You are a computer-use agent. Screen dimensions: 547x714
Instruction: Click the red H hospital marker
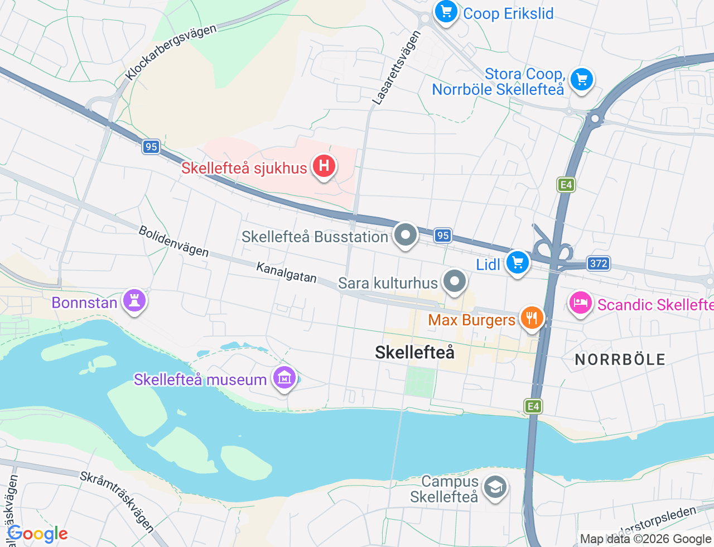[324, 166]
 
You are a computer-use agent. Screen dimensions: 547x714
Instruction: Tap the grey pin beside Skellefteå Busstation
[406, 234]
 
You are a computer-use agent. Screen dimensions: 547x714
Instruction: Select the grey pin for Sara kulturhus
[455, 281]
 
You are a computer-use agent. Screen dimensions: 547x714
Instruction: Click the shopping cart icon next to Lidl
[518, 262]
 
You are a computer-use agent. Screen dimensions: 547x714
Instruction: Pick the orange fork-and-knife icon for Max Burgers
[532, 318]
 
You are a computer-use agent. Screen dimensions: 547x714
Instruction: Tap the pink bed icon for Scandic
[580, 303]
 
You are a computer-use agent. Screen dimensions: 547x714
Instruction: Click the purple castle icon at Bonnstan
[134, 301]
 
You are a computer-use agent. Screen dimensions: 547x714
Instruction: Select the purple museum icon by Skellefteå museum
[284, 378]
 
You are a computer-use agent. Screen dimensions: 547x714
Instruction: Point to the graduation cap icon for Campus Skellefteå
[495, 487]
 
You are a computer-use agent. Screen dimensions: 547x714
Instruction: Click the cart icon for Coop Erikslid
[446, 11]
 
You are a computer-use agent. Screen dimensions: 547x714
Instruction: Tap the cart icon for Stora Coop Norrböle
[582, 79]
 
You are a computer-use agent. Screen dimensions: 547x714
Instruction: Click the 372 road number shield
[598, 263]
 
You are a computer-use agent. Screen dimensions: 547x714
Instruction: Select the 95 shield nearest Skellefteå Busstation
[443, 236]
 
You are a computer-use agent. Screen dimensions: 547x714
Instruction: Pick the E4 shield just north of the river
[533, 406]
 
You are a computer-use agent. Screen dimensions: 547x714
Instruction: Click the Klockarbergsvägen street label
[170, 52]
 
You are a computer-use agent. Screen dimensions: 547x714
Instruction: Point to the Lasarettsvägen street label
[397, 68]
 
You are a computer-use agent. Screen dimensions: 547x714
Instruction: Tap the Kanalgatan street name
[286, 272]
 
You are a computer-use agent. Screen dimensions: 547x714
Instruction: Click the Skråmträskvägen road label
[117, 501]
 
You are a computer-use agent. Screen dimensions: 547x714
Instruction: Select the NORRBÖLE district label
[620, 359]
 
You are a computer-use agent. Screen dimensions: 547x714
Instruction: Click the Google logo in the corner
[37, 534]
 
